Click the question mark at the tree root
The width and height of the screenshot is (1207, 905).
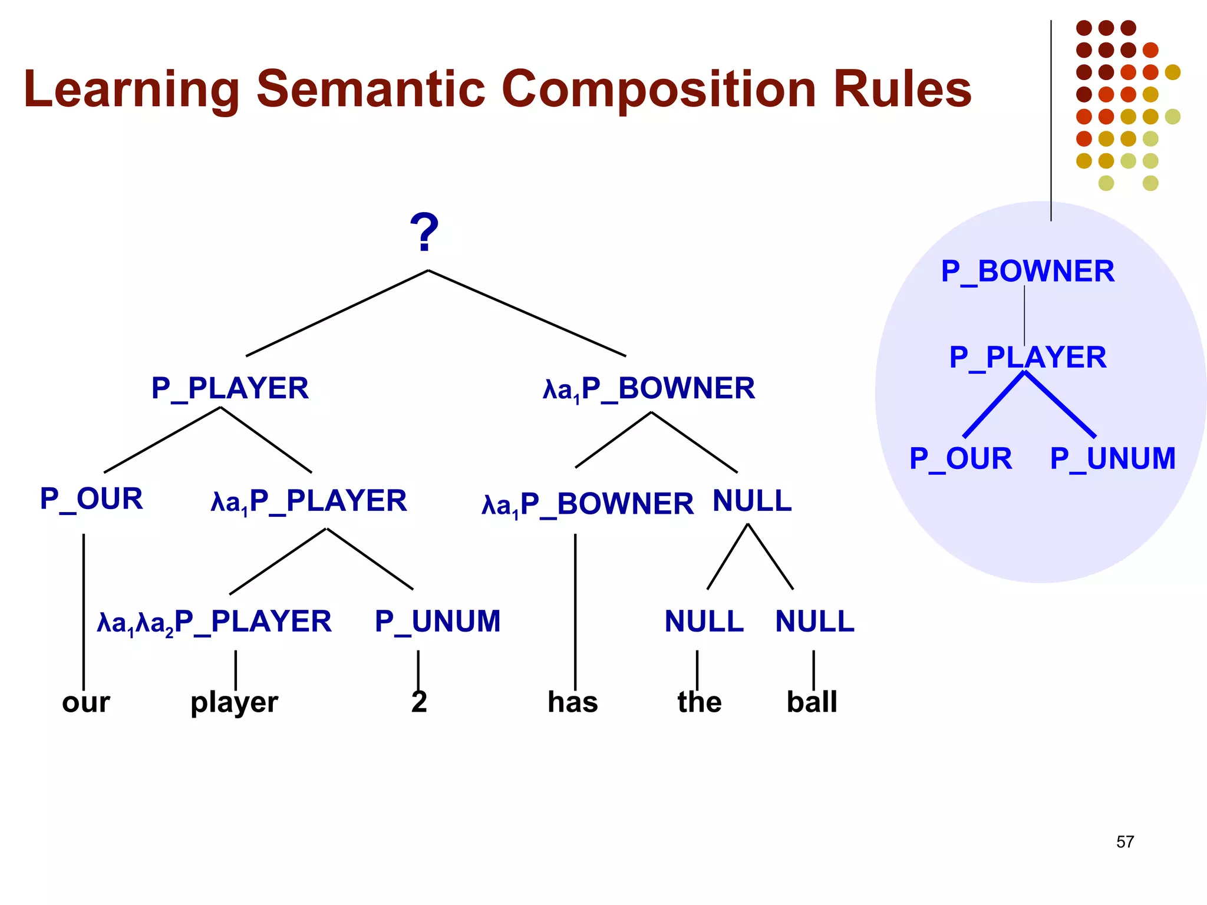click(x=424, y=233)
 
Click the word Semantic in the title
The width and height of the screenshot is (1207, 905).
click(x=370, y=90)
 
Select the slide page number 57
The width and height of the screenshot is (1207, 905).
click(x=1124, y=842)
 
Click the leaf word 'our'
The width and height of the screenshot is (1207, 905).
click(x=86, y=702)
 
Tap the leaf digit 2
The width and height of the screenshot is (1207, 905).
click(x=419, y=702)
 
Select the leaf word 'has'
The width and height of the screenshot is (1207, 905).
click(x=572, y=702)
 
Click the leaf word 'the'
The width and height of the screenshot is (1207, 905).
click(x=699, y=702)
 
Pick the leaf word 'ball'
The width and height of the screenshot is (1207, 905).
click(x=812, y=702)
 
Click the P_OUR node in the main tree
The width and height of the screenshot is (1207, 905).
click(x=91, y=500)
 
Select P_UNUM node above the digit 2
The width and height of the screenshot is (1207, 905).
click(x=437, y=622)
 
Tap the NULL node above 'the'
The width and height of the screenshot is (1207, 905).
click(x=704, y=622)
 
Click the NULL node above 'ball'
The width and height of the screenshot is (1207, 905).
click(x=814, y=622)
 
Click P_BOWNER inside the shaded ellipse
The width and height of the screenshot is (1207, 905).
click(x=1027, y=272)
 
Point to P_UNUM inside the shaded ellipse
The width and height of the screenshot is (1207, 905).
click(x=1112, y=458)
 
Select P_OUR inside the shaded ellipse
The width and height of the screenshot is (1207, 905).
click(x=961, y=458)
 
